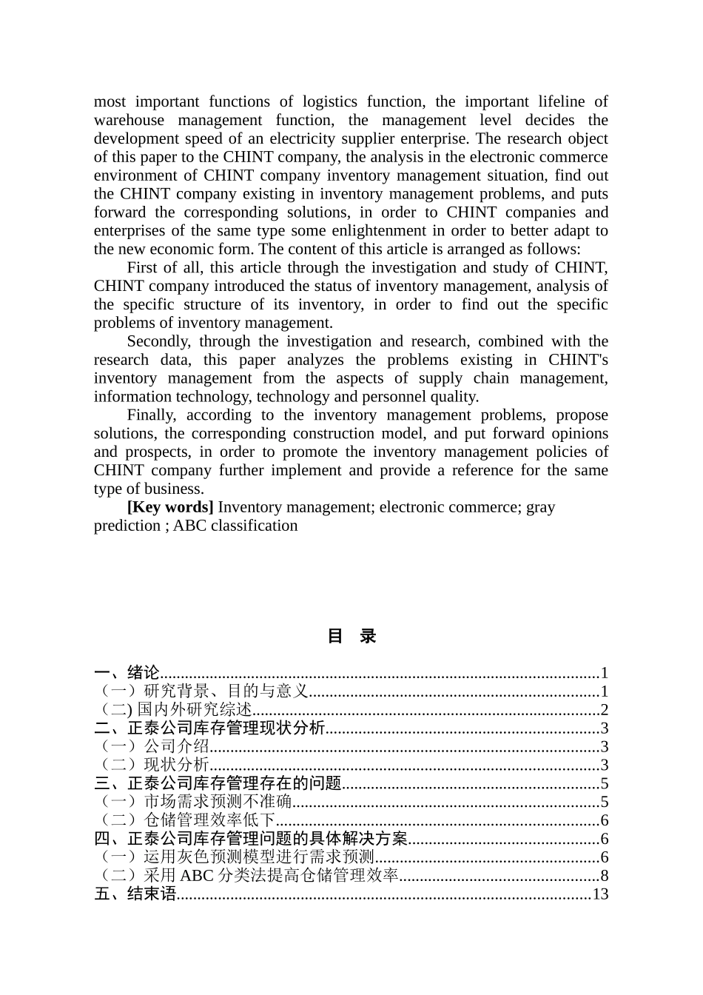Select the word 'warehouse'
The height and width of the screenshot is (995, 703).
(x=129, y=121)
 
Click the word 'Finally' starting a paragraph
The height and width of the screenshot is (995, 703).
(x=152, y=415)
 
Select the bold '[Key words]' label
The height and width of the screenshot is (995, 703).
(x=170, y=508)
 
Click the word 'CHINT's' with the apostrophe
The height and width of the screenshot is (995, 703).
(x=578, y=360)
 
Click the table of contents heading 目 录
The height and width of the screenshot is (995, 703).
(x=351, y=636)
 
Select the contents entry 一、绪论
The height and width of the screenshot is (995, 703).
(x=127, y=673)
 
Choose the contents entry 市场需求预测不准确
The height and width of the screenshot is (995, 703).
(x=218, y=802)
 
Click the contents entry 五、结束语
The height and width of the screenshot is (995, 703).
(x=135, y=894)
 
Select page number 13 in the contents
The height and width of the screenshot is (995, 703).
(x=600, y=894)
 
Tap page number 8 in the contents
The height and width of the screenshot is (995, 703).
(x=604, y=877)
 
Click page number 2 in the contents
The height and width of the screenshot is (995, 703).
(x=604, y=710)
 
